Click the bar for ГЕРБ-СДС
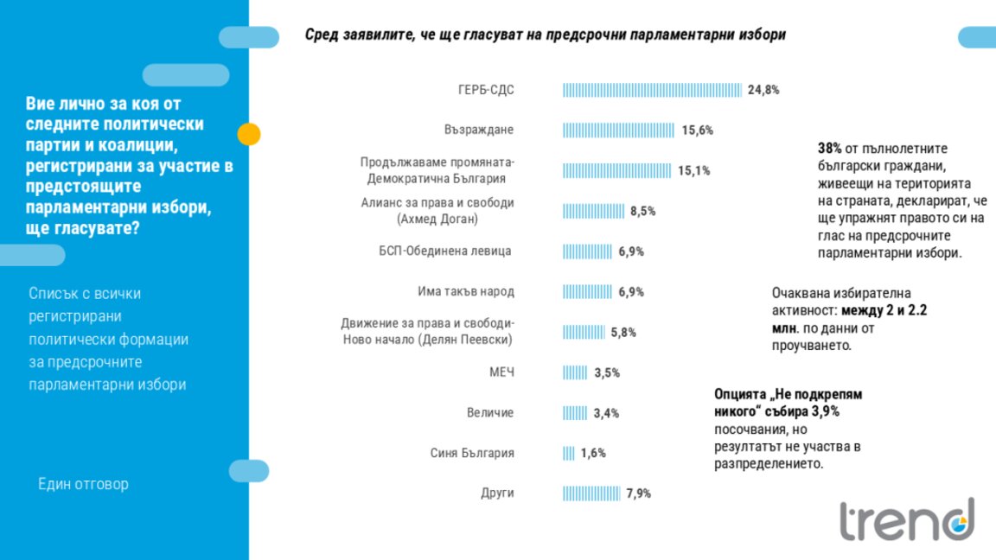point(652,90)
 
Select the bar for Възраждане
point(618,130)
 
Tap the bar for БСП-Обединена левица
point(587,251)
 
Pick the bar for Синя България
point(568,453)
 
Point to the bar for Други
point(591,493)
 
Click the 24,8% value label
point(764,90)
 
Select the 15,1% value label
point(694,170)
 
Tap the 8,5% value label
point(643,211)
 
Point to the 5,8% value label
point(623,332)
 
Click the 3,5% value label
point(607,372)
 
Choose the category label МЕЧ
point(501,372)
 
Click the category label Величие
point(491,413)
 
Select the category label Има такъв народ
point(466,291)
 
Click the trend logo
point(906,519)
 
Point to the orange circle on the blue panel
point(249,134)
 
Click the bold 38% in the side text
point(829,148)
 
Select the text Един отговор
point(83,484)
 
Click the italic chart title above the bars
point(546,35)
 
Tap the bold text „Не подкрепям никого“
point(788,403)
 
